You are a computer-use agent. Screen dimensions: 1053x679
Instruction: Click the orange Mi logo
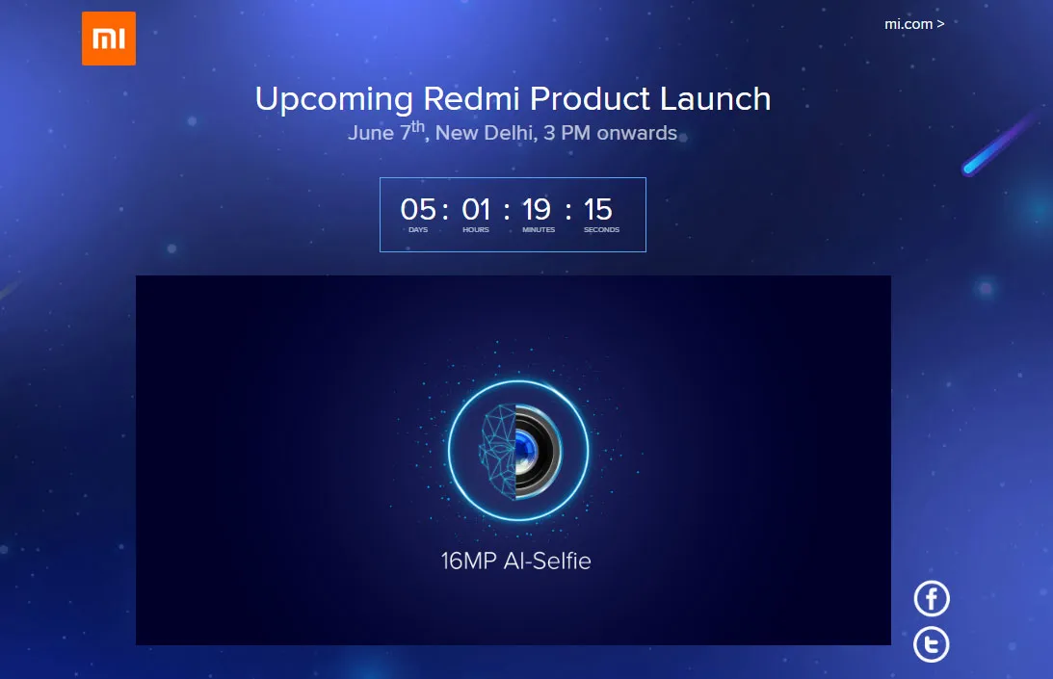(x=109, y=39)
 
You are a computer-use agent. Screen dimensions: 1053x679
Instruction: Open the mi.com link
(x=914, y=23)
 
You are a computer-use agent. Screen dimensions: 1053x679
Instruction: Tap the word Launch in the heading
(x=715, y=99)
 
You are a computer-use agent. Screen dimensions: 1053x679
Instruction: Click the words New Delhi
(x=487, y=133)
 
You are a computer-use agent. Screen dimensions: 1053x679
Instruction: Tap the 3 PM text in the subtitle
(x=566, y=133)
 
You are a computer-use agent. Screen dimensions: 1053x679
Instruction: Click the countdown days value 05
(x=418, y=210)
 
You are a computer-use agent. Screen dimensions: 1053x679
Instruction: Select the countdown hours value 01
(x=476, y=210)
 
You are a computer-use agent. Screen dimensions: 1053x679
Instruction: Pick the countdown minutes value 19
(x=537, y=210)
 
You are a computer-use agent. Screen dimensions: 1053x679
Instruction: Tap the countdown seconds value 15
(x=598, y=210)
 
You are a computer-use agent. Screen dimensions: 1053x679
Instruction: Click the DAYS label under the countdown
(x=418, y=229)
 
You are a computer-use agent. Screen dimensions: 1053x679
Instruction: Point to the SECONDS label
(x=602, y=229)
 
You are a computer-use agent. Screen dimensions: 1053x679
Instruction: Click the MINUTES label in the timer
(x=539, y=229)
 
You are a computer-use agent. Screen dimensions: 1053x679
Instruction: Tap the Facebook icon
(x=932, y=598)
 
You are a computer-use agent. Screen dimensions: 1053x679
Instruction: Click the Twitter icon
(x=932, y=644)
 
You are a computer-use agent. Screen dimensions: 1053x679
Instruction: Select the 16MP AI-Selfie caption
(x=515, y=561)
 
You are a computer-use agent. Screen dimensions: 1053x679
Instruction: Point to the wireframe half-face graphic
(x=498, y=451)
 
